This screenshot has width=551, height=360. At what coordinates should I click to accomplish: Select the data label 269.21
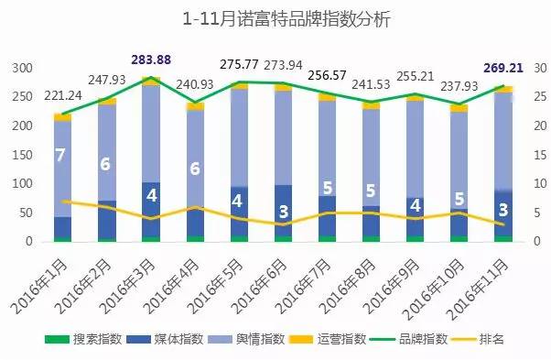(502, 67)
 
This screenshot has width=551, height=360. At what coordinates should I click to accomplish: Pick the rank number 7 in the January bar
(60, 156)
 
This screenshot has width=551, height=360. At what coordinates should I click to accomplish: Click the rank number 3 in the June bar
(283, 213)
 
